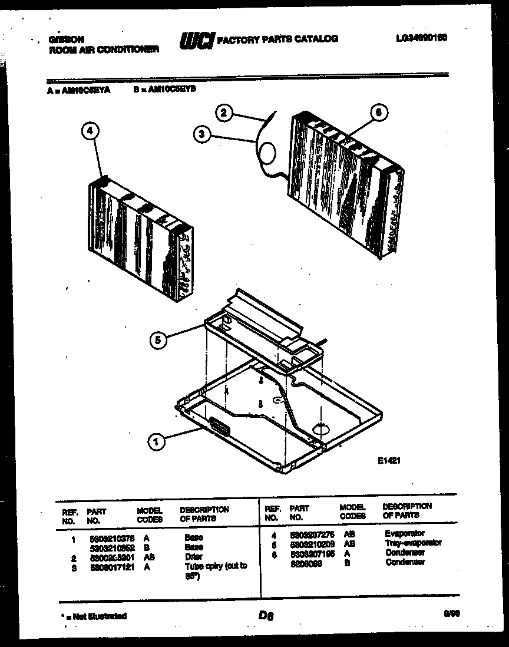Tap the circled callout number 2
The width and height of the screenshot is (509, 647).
pos(224,112)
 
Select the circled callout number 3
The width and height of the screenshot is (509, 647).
pos(202,134)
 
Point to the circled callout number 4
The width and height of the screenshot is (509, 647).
pos(90,132)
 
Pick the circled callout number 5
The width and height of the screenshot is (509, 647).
pos(157,339)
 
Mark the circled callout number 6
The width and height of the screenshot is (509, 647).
pos(379,112)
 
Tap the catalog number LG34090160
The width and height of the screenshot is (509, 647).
pos(422,37)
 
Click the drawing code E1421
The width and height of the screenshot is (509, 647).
pos(389,463)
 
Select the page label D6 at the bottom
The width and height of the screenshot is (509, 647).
pos(266,616)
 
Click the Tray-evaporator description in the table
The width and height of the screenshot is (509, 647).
pos(412,543)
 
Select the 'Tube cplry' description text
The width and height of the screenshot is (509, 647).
pos(216,566)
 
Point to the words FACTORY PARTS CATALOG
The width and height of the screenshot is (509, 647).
pos(277,39)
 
